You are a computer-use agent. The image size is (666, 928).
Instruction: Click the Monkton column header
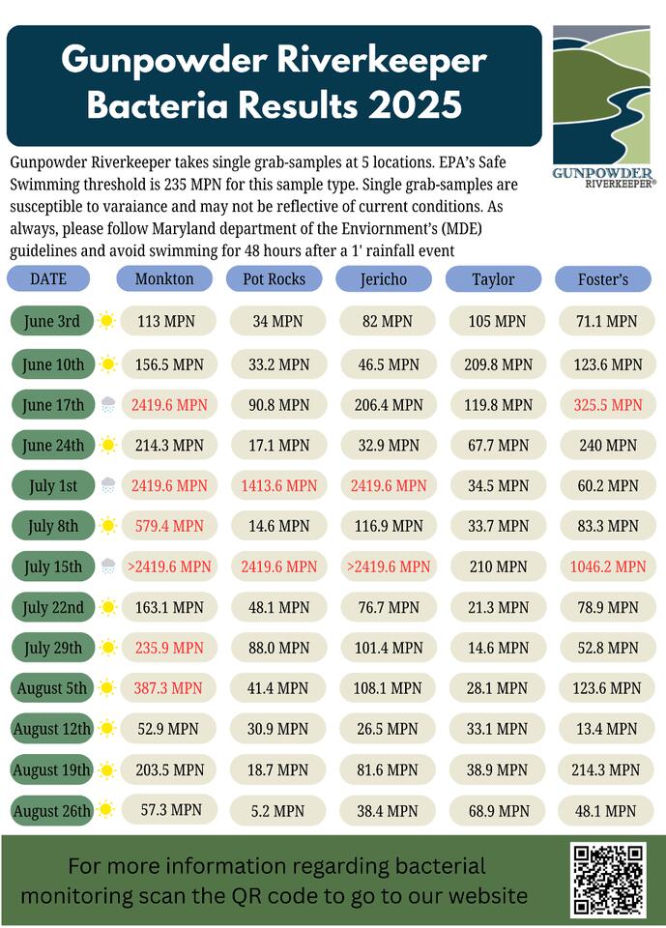pyautogui.click(x=164, y=279)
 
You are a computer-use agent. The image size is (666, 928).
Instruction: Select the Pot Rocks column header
pyautogui.click(x=274, y=279)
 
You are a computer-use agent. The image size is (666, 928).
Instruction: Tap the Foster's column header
pyautogui.click(x=603, y=279)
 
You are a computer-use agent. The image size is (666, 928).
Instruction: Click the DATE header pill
pyautogui.click(x=49, y=279)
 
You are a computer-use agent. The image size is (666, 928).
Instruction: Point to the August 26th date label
pyautogui.click(x=53, y=811)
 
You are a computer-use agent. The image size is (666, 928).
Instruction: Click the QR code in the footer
pyautogui.click(x=607, y=879)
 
